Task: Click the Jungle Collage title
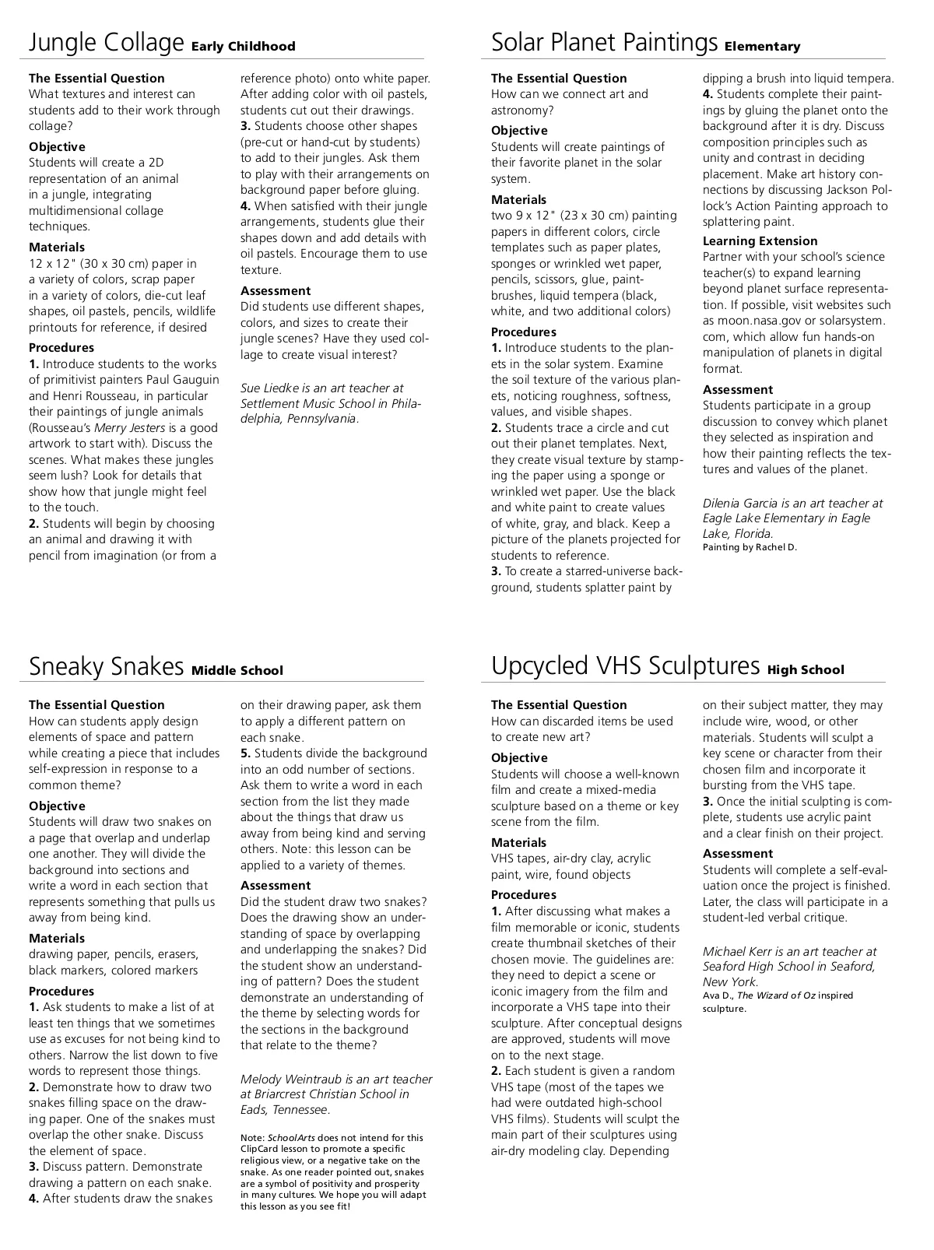[x=106, y=43]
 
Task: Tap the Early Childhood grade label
[x=244, y=47]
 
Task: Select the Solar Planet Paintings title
[x=604, y=43]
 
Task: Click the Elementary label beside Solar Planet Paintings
[x=762, y=47]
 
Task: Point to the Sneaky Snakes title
[x=106, y=667]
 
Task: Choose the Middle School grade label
[x=237, y=671]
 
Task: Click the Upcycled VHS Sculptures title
[x=625, y=666]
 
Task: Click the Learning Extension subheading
[x=760, y=241]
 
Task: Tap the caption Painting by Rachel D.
[x=750, y=547]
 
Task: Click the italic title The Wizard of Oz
[x=778, y=995]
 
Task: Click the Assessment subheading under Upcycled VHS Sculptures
[x=737, y=854]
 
